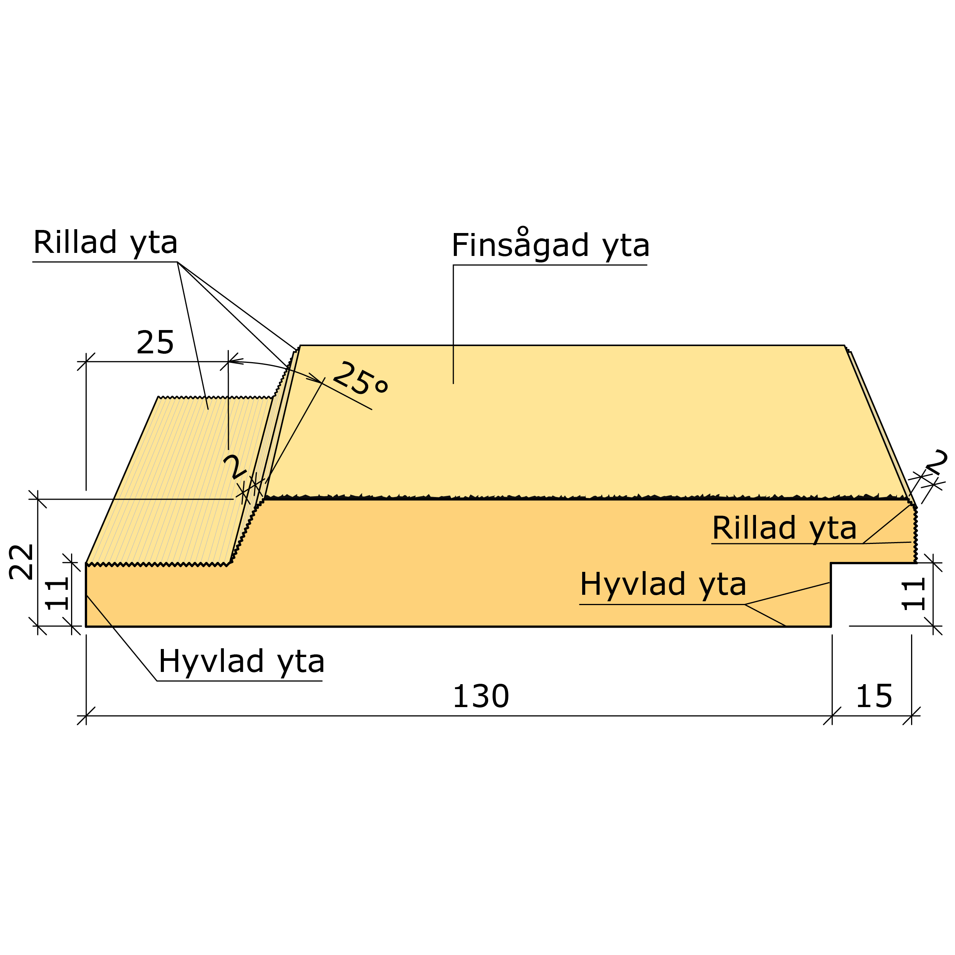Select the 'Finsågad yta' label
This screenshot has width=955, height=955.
[x=550, y=245]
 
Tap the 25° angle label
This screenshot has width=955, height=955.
[x=360, y=379]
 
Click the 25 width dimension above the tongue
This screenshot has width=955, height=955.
[x=155, y=343]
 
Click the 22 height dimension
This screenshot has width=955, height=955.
[x=22, y=562]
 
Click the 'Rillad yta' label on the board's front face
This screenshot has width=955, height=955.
[x=784, y=528]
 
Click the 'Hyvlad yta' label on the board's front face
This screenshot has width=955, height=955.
[x=663, y=584]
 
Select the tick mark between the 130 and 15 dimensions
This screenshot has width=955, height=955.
[x=832, y=716]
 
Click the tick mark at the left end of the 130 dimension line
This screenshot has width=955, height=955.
[x=86, y=716]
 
